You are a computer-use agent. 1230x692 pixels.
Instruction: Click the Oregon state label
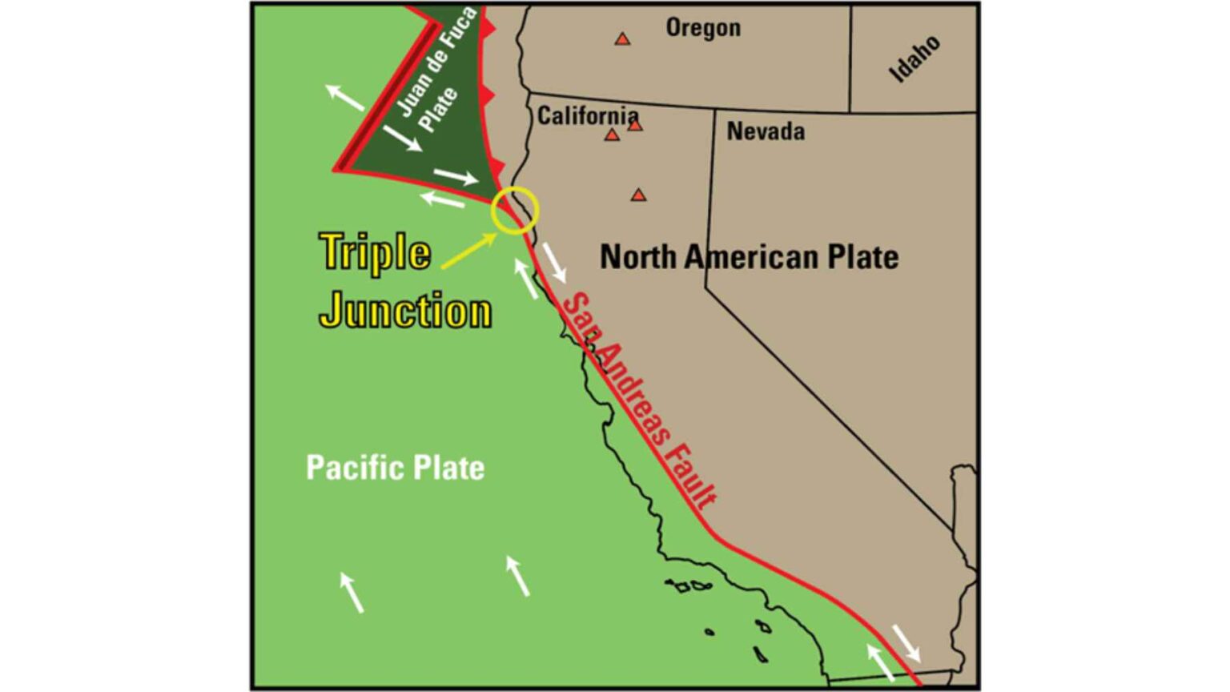pos(703,28)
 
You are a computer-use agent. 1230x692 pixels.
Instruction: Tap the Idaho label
pos(915,59)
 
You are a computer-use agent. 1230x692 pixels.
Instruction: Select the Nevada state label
pos(766,131)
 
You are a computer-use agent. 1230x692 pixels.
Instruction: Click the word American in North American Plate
pos(750,257)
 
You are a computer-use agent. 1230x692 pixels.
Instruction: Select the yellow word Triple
pos(375,251)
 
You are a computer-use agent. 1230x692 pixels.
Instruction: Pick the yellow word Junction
pos(405,311)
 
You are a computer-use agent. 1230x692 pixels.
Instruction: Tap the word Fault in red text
pos(692,477)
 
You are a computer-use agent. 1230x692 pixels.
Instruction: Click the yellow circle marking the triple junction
pos(515,210)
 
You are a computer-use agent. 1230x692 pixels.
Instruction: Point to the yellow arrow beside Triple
pos(469,250)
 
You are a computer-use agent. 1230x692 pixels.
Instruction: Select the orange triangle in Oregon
pos(622,38)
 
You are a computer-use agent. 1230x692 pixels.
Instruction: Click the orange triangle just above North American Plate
pos(638,195)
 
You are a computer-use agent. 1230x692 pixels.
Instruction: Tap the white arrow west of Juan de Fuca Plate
pos(345,96)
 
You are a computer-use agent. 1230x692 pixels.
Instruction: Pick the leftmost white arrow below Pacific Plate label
pos(352,592)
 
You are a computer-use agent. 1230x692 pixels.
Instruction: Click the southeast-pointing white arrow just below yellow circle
pos(554,262)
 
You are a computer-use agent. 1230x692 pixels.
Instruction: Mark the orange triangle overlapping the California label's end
pos(635,125)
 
